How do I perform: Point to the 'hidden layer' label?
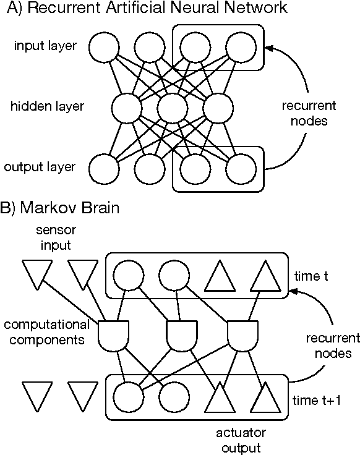click(47, 107)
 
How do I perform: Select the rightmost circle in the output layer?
click(241, 168)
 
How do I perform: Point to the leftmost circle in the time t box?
click(127, 274)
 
